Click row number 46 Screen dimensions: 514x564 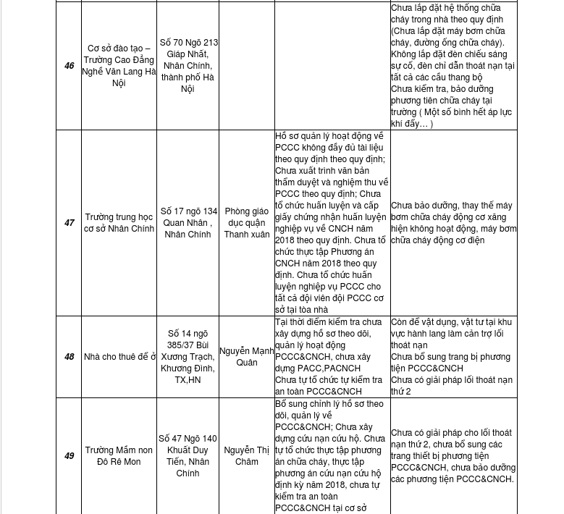tap(69, 66)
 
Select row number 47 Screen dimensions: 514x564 tap(69, 223)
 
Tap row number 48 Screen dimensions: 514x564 tap(69, 357)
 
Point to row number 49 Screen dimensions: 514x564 tap(69, 456)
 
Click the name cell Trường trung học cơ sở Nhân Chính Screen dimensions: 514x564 tap(119, 223)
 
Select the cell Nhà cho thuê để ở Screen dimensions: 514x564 tap(119, 357)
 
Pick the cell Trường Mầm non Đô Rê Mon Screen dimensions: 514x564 tap(119, 456)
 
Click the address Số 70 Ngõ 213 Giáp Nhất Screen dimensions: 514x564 tap(188, 66)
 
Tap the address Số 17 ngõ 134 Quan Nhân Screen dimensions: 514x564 tap(188, 223)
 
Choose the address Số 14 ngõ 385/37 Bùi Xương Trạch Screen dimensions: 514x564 tap(188, 357)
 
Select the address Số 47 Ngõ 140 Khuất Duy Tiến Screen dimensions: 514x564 tap(188, 456)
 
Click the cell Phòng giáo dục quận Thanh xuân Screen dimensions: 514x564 tap(246, 223)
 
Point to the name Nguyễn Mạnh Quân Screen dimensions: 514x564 tap(247, 357)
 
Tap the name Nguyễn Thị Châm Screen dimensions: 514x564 tap(246, 456)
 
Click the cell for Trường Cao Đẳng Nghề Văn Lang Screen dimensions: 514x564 tap(119, 66)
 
